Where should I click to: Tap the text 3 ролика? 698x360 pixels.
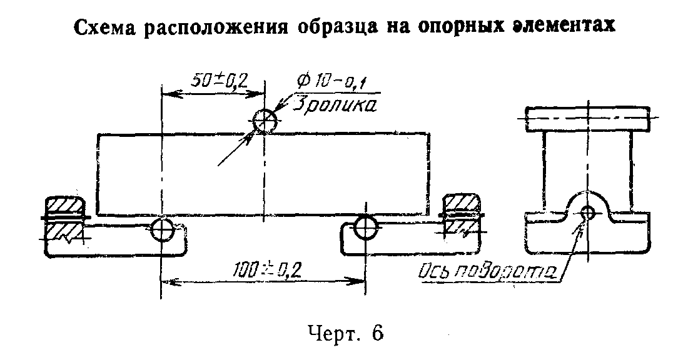tap(334, 106)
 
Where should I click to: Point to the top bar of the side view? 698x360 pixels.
tap(587, 118)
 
